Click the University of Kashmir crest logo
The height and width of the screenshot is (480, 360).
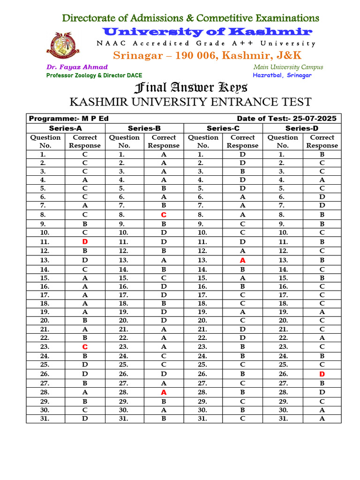[60, 49]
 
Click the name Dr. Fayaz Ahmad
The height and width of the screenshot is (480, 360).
[77, 67]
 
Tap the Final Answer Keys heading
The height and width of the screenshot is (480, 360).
[191, 88]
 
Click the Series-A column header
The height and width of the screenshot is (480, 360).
[65, 128]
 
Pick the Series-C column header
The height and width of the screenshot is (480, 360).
[223, 128]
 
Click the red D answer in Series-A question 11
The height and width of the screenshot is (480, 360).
[85, 242]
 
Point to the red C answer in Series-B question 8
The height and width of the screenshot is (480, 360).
[164, 215]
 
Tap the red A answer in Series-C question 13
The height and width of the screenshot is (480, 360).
[242, 260]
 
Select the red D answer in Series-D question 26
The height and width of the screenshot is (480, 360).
[322, 374]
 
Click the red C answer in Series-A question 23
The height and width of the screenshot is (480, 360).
[85, 347]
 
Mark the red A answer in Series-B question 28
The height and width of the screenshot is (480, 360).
[164, 392]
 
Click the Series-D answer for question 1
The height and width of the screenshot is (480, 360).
[322, 154]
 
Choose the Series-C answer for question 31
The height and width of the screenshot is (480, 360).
[242, 419]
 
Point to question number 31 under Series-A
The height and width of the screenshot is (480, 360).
[45, 419]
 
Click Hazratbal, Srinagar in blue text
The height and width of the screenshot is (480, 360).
[282, 75]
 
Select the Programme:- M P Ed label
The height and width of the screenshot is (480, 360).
[69, 119]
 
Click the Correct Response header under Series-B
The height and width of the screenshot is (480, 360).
[164, 141]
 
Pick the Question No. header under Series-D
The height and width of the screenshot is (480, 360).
[283, 141]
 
